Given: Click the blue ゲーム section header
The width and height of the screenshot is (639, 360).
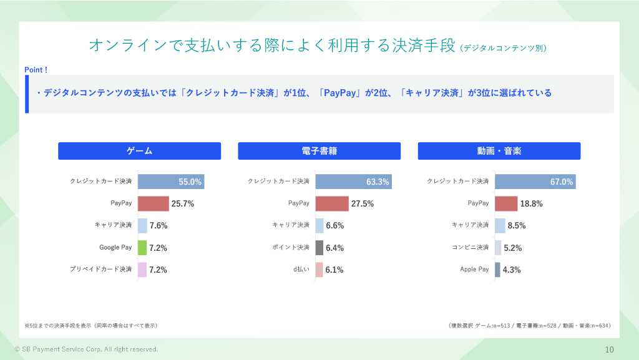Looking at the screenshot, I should [139, 151].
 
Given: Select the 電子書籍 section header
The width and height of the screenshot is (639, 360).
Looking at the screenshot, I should [319, 151].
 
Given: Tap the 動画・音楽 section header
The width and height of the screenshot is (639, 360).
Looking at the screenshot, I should [499, 151].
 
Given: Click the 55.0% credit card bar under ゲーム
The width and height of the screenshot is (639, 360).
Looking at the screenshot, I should [171, 182].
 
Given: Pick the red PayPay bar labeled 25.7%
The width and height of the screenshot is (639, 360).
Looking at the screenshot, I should [153, 204].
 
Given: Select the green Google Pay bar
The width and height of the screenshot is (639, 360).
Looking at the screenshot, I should [142, 248].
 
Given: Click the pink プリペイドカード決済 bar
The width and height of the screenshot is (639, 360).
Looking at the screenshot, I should [142, 270].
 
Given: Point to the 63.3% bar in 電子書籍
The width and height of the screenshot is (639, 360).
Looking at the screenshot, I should [353, 182].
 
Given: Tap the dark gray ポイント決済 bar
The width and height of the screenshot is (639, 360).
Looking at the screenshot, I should [319, 248].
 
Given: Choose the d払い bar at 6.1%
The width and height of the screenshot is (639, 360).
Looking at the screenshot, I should [319, 270].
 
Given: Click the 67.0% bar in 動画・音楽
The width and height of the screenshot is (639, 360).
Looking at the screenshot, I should [535, 182].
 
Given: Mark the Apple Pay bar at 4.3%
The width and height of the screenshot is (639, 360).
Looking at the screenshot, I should [497, 270].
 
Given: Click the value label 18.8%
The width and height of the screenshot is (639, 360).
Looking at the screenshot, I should [532, 204].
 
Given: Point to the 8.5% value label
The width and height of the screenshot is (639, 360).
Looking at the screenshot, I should [517, 226].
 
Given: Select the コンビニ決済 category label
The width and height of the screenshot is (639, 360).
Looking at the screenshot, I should [471, 248].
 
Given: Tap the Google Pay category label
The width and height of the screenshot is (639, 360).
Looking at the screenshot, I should [115, 248].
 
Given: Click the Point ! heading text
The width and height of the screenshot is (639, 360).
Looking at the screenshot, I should [36, 70].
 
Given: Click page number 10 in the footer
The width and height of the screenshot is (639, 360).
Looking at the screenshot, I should [609, 349].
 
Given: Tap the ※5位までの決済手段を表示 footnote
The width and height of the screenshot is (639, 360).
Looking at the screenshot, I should [90, 326].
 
